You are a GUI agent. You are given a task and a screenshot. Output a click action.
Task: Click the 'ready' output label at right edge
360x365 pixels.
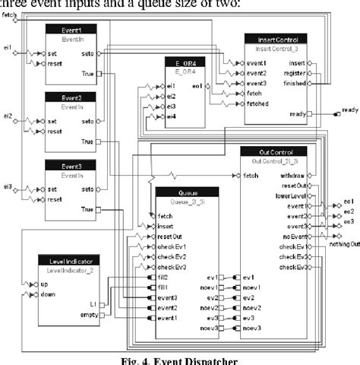[349, 110]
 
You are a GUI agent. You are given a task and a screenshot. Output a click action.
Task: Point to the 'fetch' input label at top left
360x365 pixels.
[10, 14]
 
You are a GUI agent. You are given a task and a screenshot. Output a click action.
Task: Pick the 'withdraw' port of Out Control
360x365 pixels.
[293, 176]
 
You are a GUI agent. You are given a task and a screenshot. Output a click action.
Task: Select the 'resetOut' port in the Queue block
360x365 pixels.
[171, 236]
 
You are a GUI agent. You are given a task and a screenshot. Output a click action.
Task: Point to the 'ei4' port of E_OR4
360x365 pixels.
[171, 117]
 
